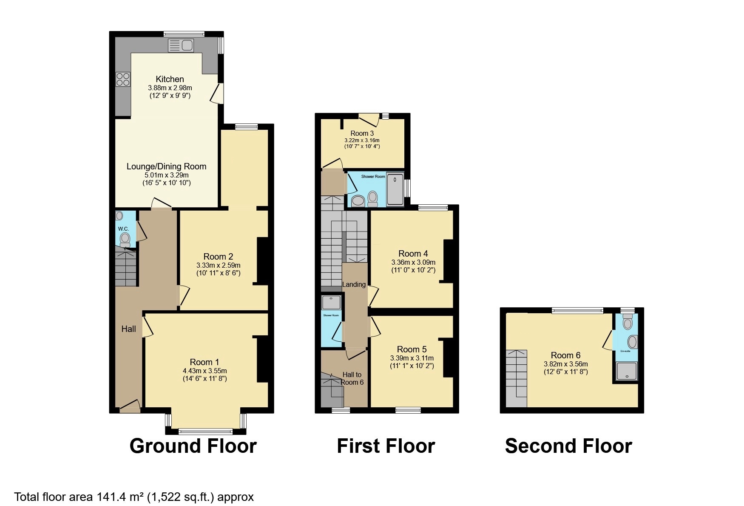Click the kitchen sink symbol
[x=181, y=45]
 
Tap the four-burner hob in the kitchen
[x=123, y=79]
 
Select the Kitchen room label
[x=170, y=79]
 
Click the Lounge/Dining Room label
[x=166, y=166]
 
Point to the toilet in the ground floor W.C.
[x=125, y=239]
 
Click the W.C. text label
[x=123, y=229]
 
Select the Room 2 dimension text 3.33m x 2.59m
[x=218, y=265]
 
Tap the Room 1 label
[x=204, y=362]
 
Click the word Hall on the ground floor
[x=128, y=329]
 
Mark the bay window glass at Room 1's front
[x=206, y=432]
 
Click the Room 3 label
[x=362, y=133]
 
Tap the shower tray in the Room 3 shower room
[x=395, y=189]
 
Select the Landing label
[x=354, y=284]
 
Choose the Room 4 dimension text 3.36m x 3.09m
[x=413, y=263]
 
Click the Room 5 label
[x=412, y=349]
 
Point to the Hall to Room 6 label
[x=352, y=378]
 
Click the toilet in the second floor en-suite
[x=628, y=323]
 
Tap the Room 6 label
[x=565, y=355]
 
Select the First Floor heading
[x=386, y=446]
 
